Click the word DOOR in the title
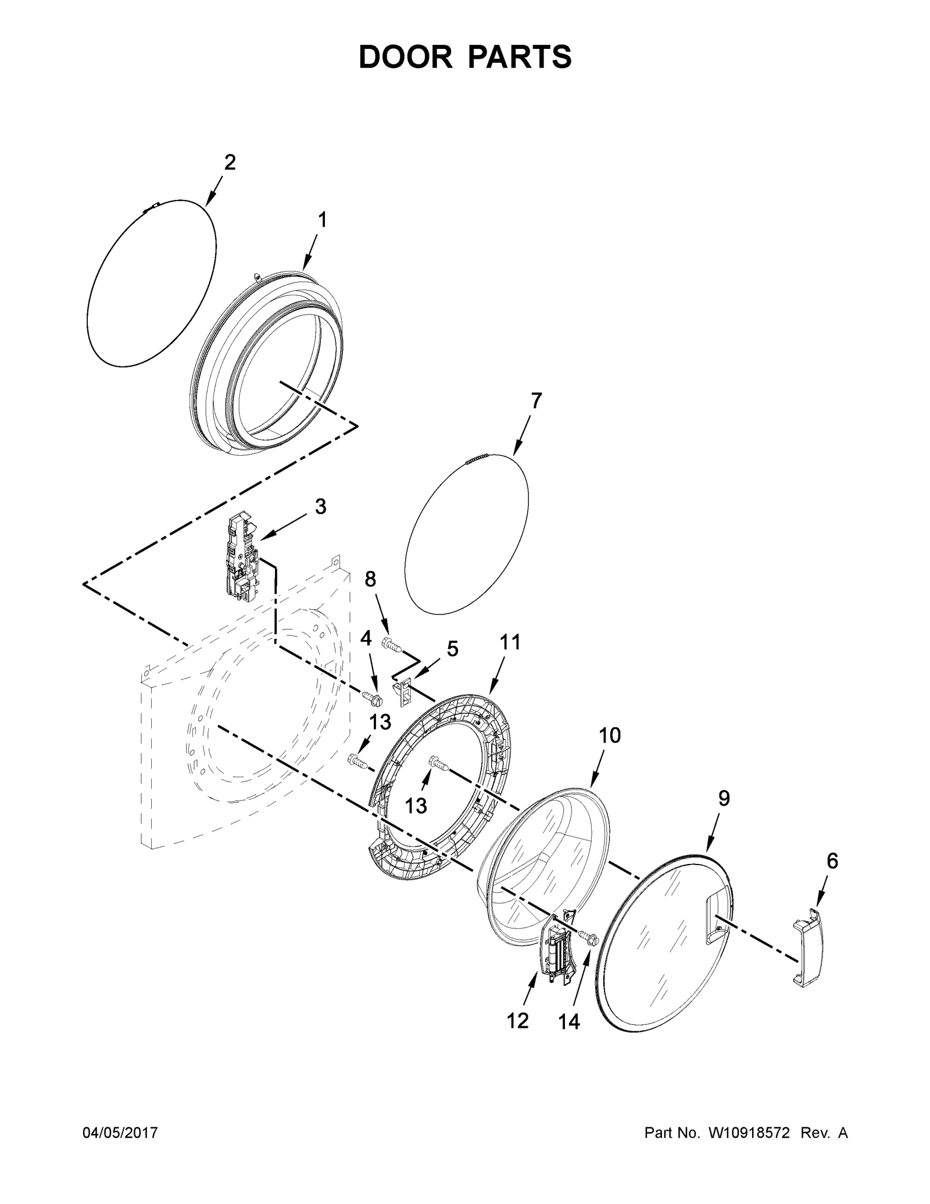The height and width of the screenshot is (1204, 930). (405, 58)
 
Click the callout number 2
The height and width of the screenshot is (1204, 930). (230, 163)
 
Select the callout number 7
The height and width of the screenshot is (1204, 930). (535, 401)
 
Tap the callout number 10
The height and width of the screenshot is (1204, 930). (610, 735)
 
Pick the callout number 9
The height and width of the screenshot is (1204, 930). (724, 799)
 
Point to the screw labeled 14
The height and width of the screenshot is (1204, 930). (587, 937)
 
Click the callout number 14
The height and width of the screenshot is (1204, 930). (569, 1021)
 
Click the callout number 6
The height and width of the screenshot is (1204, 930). (832, 861)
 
